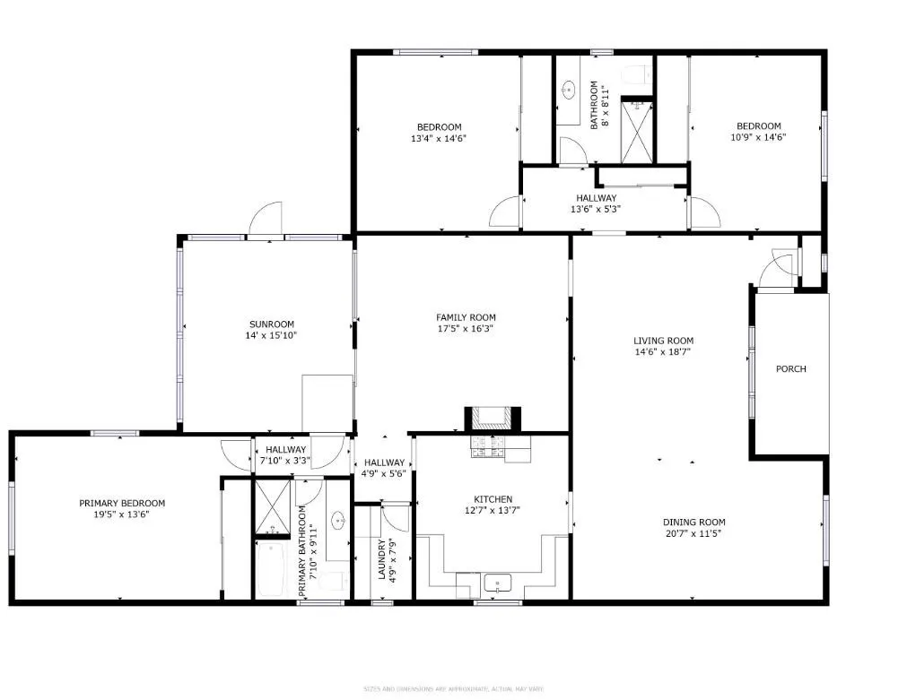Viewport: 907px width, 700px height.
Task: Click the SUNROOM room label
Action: click(x=271, y=324)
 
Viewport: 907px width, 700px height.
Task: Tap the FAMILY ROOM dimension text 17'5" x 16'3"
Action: click(x=466, y=329)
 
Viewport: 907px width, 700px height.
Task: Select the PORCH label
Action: click(x=790, y=369)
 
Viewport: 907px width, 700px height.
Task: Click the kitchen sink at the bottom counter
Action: click(x=497, y=584)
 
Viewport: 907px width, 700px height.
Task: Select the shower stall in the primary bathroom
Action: click(x=271, y=507)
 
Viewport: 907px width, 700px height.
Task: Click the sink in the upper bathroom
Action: click(x=569, y=90)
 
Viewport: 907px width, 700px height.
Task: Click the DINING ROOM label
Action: click(x=693, y=523)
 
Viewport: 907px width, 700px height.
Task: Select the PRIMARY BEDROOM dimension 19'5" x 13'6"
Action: click(x=122, y=515)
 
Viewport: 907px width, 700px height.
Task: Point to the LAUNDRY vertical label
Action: click(x=381, y=560)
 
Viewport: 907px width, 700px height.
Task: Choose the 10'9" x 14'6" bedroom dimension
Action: click(x=758, y=138)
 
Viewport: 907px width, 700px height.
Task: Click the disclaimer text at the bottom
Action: click(x=454, y=688)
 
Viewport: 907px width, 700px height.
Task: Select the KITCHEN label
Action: click(x=493, y=499)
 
